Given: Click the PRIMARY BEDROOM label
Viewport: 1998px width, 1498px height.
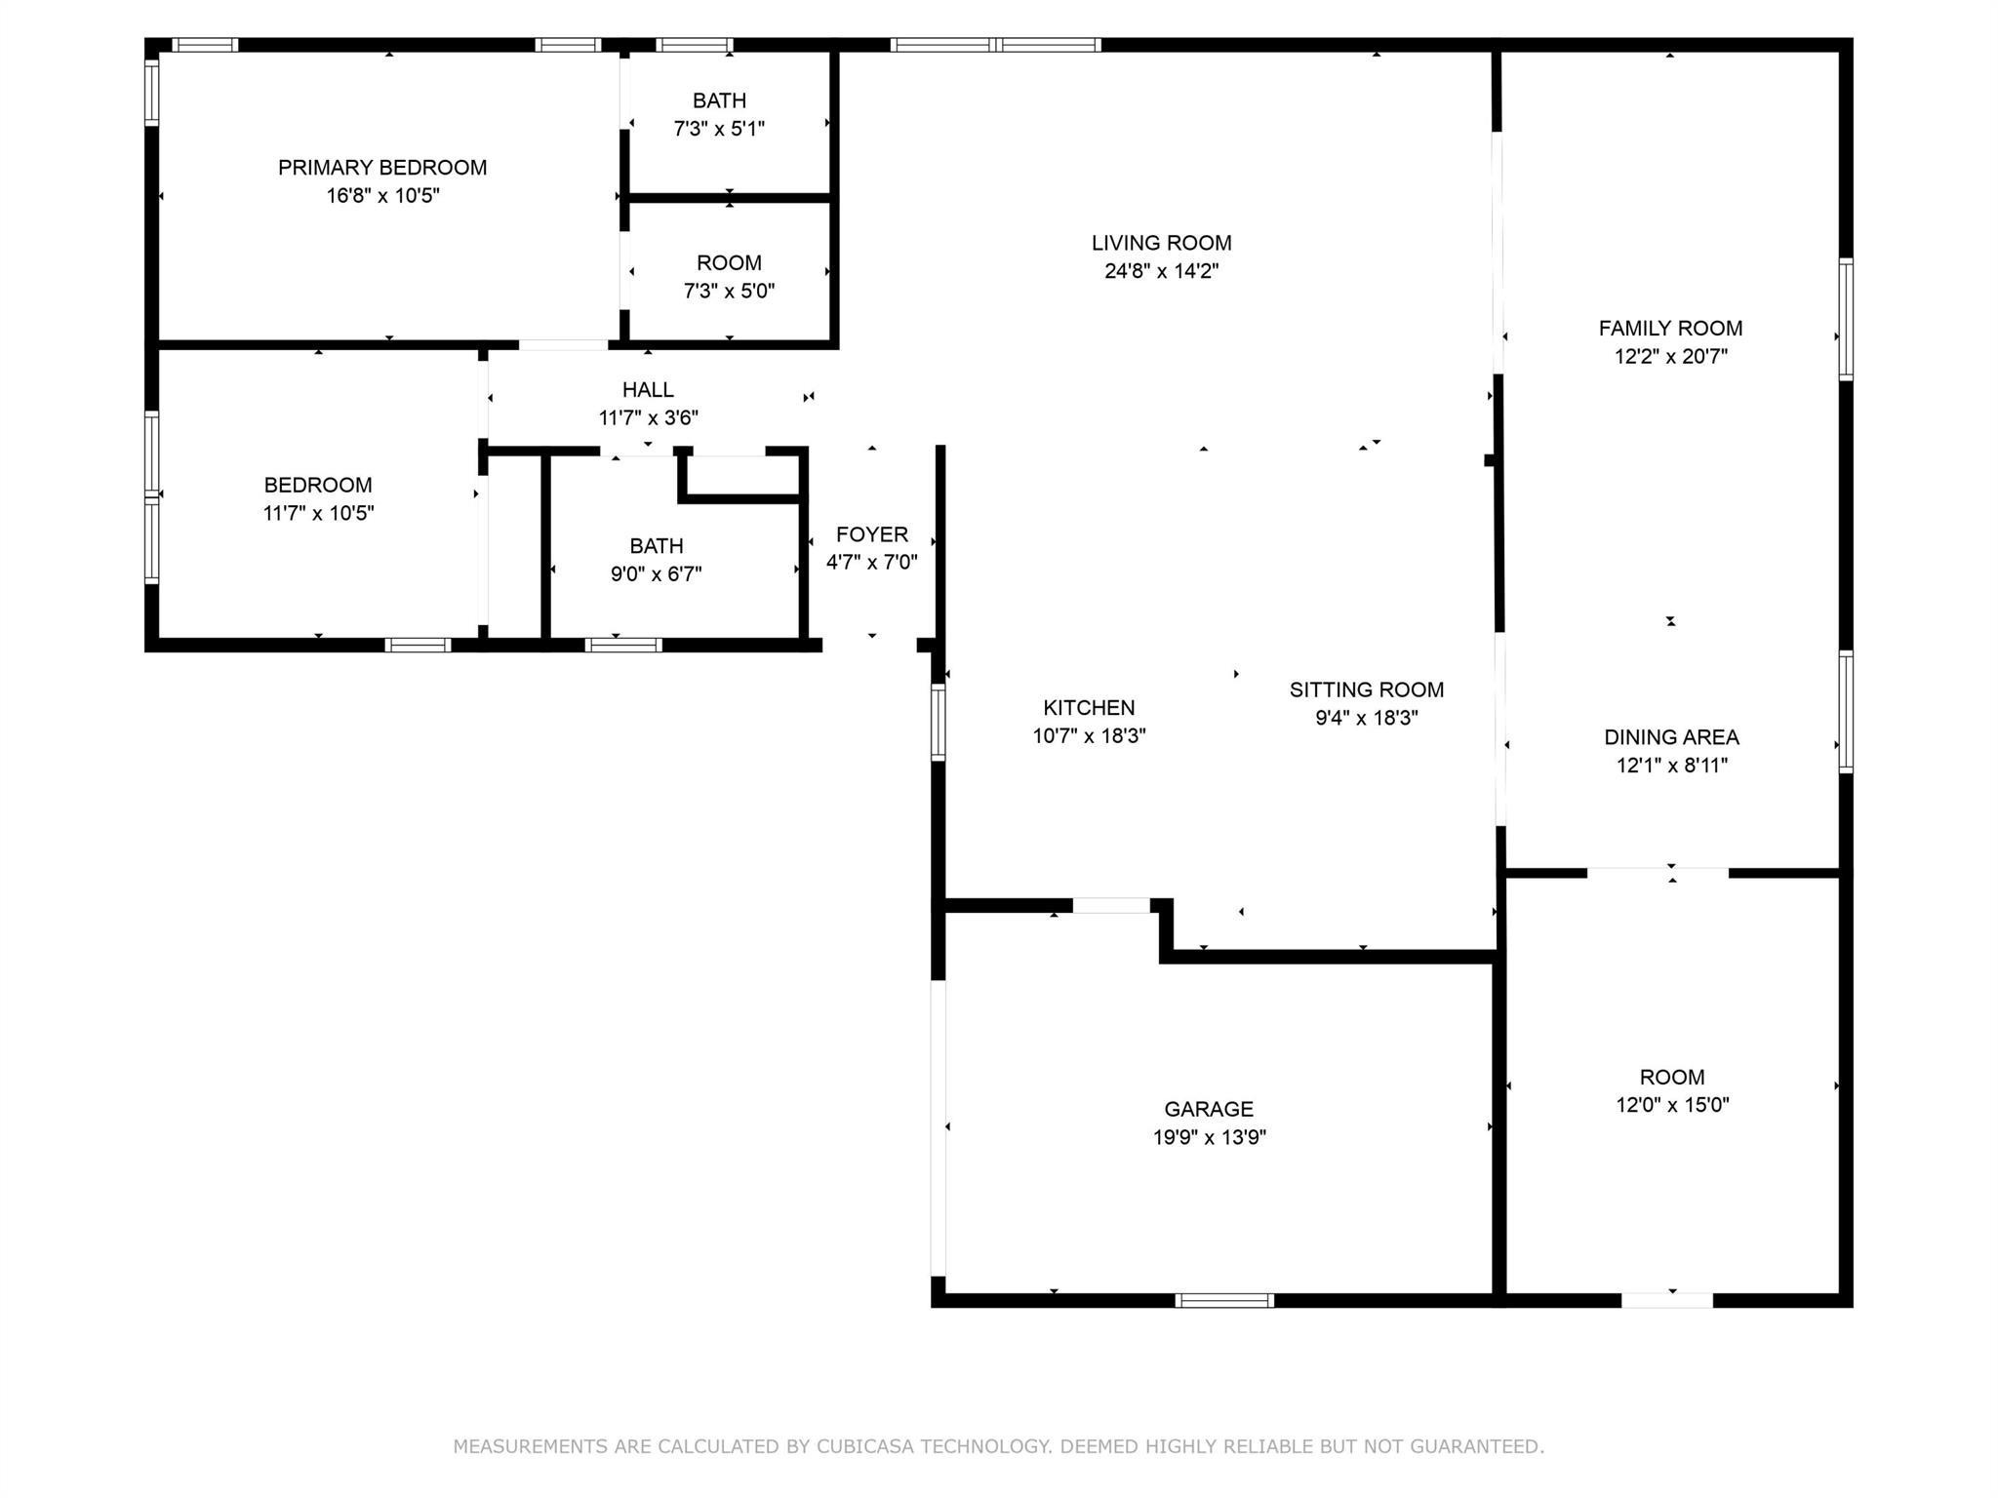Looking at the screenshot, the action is (x=382, y=168).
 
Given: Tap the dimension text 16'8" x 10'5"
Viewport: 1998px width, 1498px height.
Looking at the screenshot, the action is (x=382, y=196).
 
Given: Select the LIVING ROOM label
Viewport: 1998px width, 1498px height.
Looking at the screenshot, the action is (x=1161, y=243).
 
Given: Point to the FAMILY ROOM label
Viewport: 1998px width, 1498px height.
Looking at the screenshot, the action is (x=1670, y=329).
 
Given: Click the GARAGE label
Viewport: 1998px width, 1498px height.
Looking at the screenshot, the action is (x=1209, y=1109).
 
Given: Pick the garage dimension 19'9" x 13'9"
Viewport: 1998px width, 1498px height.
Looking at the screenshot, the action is (x=1209, y=1137).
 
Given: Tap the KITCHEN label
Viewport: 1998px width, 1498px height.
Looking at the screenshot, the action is (x=1089, y=708).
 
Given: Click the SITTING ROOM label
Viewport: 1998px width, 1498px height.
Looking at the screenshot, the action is (x=1366, y=690).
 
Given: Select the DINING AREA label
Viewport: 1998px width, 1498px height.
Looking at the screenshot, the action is (x=1671, y=737).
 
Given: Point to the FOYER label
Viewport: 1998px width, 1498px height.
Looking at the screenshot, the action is (x=872, y=534).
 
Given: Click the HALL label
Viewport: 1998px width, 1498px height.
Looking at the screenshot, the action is (x=648, y=390).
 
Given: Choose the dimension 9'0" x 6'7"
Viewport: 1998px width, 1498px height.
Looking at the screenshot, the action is (x=656, y=574).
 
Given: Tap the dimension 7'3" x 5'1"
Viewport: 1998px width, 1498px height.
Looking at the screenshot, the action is (x=719, y=129).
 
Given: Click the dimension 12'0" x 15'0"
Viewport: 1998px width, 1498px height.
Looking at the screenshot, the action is (x=1672, y=1105).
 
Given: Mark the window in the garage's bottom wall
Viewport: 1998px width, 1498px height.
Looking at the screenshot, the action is (x=1224, y=1300).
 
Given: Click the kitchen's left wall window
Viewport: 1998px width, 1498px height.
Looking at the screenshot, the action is (x=939, y=723).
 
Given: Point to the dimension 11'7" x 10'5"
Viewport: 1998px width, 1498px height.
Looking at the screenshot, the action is (x=318, y=514).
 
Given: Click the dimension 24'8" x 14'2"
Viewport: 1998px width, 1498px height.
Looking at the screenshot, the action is (x=1161, y=271).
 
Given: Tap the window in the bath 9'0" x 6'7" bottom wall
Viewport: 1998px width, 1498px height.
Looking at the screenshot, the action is (x=623, y=645).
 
